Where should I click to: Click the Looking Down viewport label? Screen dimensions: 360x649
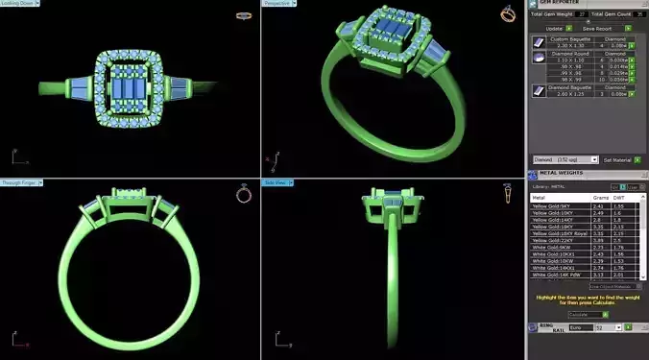point(16,4)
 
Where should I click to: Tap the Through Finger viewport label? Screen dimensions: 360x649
point(18,182)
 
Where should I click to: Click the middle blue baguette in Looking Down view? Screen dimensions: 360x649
point(130,88)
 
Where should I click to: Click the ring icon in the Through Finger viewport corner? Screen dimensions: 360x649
point(244,195)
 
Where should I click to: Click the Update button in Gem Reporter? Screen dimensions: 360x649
point(555,29)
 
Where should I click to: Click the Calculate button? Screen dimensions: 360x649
point(582,314)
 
